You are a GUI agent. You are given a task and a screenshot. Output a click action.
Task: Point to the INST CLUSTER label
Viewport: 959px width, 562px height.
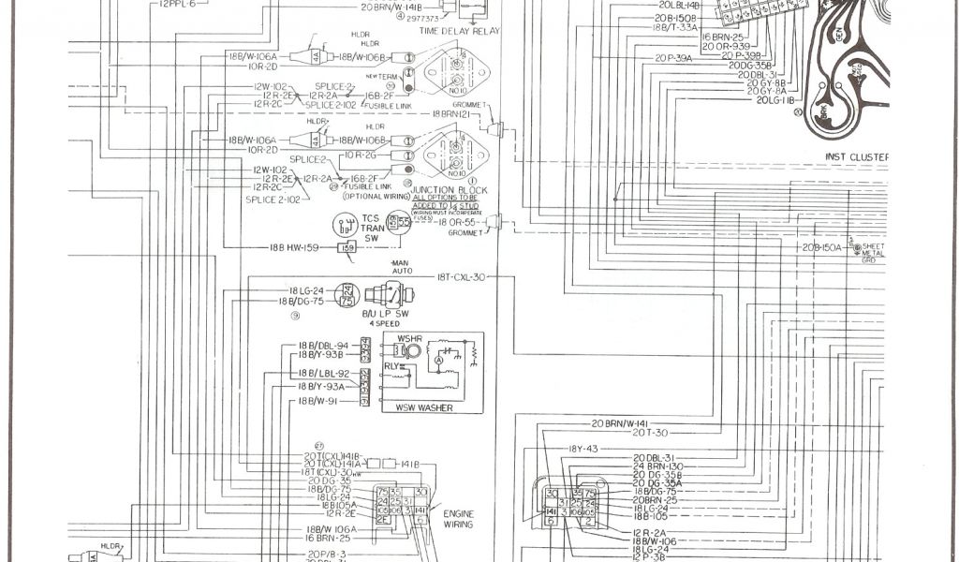coord(856,156)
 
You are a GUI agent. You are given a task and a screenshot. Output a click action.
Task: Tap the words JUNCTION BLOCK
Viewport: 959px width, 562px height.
coord(455,190)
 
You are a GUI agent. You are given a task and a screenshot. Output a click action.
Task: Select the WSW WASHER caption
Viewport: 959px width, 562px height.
coord(423,408)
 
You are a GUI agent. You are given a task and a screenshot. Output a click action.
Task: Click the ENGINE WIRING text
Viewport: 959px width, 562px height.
coord(459,520)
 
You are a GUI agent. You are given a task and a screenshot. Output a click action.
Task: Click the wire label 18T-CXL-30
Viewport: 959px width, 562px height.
coord(461,277)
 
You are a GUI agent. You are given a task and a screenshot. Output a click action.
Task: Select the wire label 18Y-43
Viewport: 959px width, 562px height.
coord(583,448)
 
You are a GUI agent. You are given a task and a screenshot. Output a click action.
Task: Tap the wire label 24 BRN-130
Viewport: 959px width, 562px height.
coord(658,466)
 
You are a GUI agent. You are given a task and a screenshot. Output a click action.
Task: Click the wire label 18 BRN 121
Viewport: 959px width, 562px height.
coord(455,113)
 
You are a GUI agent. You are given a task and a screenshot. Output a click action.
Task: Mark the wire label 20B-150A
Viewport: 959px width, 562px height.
coord(820,247)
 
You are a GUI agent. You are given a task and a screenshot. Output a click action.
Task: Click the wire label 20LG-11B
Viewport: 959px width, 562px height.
coord(775,99)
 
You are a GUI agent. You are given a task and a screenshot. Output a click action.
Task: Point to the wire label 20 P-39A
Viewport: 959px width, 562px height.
coord(672,58)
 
